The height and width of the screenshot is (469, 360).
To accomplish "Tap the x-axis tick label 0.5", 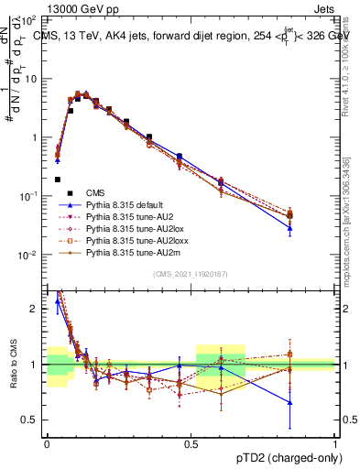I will click(191, 442).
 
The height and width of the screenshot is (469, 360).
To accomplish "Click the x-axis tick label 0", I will click(47, 442).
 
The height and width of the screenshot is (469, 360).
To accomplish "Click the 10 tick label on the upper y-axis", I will click(31, 79).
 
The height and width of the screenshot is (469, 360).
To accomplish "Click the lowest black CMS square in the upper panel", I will click(58, 180).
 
